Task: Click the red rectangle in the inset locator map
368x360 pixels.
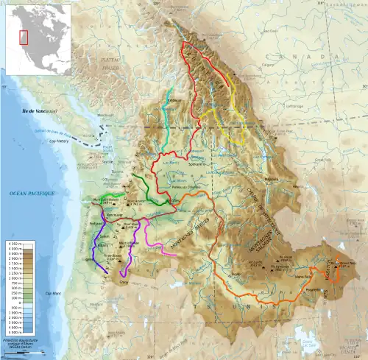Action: point(24,36)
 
